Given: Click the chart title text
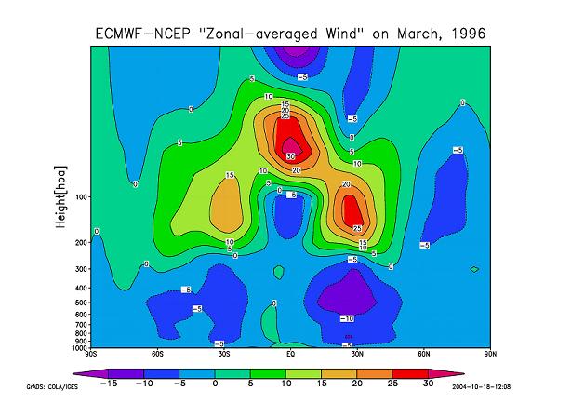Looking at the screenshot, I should tap(290, 34).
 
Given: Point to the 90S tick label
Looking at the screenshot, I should tap(90, 354).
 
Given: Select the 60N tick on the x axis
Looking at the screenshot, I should tap(424, 354).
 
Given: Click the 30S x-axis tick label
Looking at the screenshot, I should tap(224, 354).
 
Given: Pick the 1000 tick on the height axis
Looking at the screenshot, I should tap(79, 347).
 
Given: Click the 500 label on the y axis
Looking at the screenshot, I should tap(81, 303).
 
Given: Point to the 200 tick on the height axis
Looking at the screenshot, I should tap(81, 243).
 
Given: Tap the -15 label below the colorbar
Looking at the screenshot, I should tap(108, 383).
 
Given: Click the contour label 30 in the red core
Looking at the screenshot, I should tap(290, 156).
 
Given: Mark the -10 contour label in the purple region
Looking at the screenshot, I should tap(347, 318).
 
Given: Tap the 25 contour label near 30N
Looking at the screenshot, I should tap(357, 228).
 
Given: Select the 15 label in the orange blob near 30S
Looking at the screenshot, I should tap(229, 176).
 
